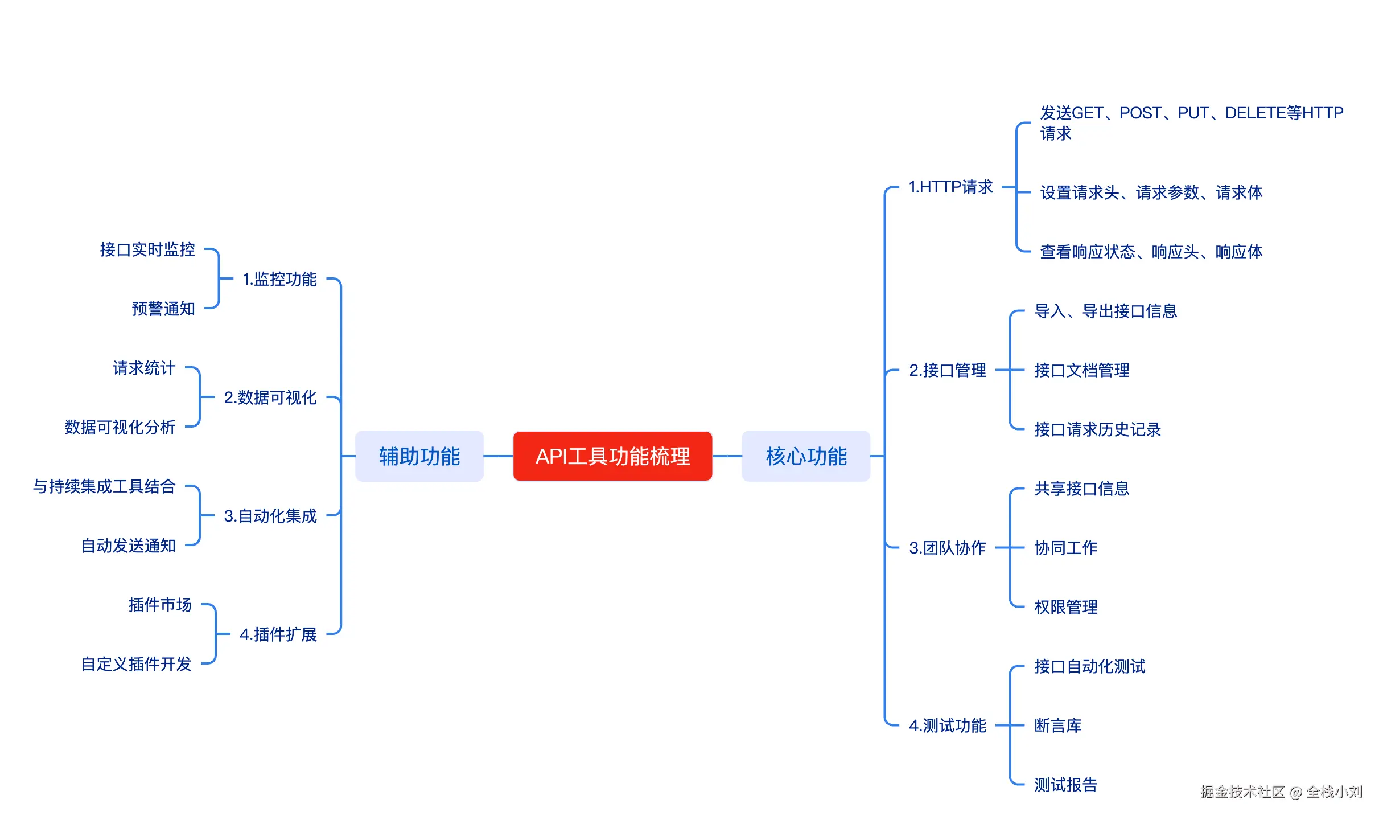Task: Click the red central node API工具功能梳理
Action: (612, 456)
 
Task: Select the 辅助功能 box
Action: (419, 456)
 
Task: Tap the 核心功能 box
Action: (806, 456)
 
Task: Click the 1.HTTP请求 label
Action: (950, 187)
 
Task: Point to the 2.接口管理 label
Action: (948, 370)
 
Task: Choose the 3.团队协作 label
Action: (948, 548)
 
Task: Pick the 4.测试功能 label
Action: (948, 725)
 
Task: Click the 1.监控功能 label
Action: (279, 279)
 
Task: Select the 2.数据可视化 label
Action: (270, 397)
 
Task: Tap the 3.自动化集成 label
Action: (270, 516)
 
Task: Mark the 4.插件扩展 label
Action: (278, 634)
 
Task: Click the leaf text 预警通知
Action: (163, 309)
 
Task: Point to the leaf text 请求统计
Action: (144, 368)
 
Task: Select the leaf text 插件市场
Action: (160, 605)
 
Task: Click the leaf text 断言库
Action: (1058, 725)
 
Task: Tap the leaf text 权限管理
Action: (1066, 607)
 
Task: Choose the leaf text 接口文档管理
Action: (1082, 370)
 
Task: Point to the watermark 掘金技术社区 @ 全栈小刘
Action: (1281, 792)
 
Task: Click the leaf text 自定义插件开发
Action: (137, 664)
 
